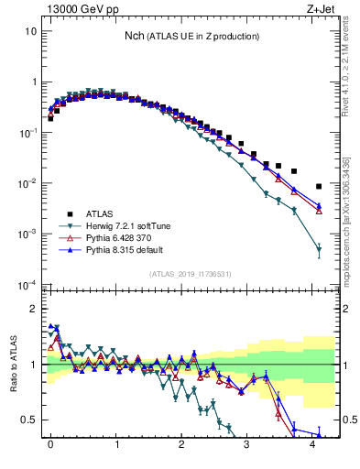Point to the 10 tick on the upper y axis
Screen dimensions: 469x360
(x=32, y=30)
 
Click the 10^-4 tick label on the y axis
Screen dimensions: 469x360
(x=27, y=285)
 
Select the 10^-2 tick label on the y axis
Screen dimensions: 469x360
(x=27, y=183)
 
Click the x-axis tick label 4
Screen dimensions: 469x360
(x=313, y=453)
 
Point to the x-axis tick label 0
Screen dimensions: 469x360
(x=50, y=453)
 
